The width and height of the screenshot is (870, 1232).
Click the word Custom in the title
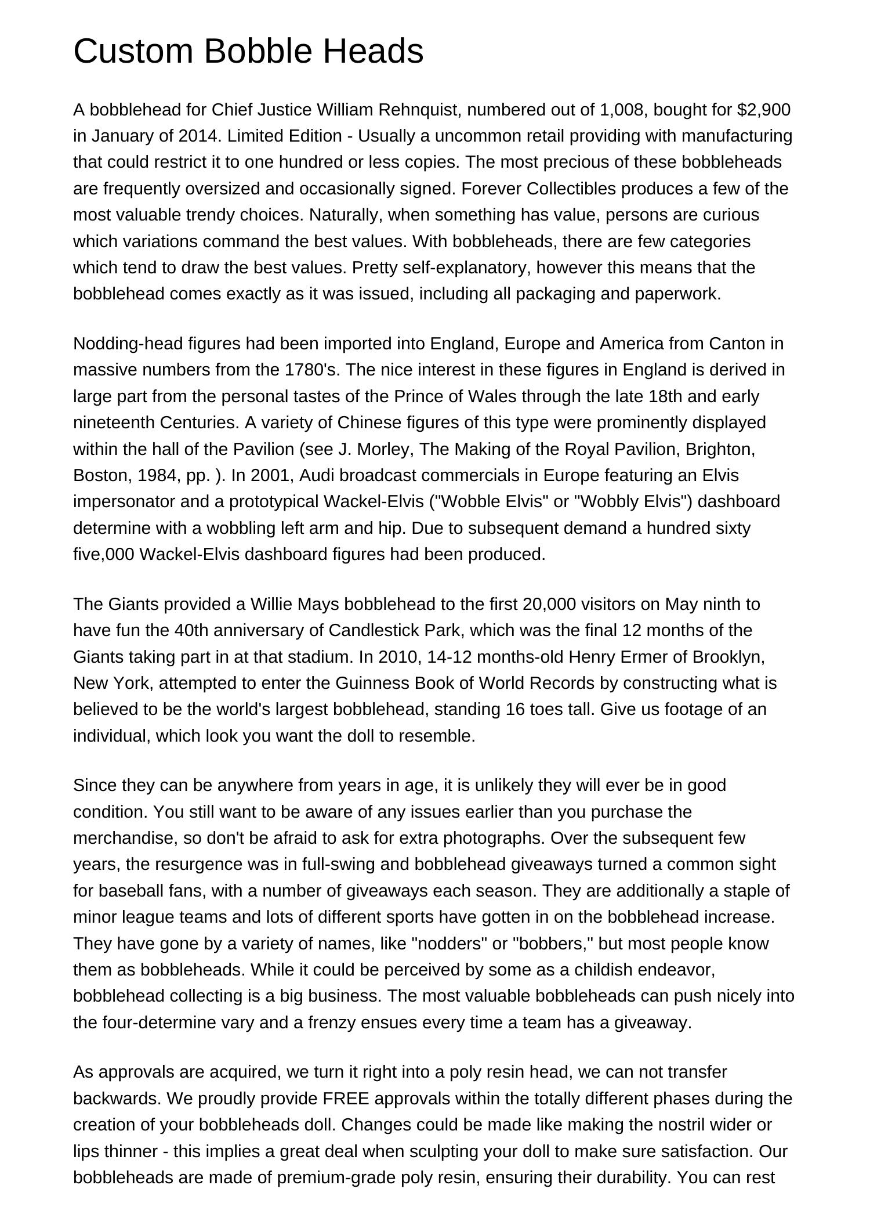pos(135,51)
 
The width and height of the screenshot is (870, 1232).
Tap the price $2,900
pos(764,110)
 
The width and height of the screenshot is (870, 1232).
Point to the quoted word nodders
pos(449,944)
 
